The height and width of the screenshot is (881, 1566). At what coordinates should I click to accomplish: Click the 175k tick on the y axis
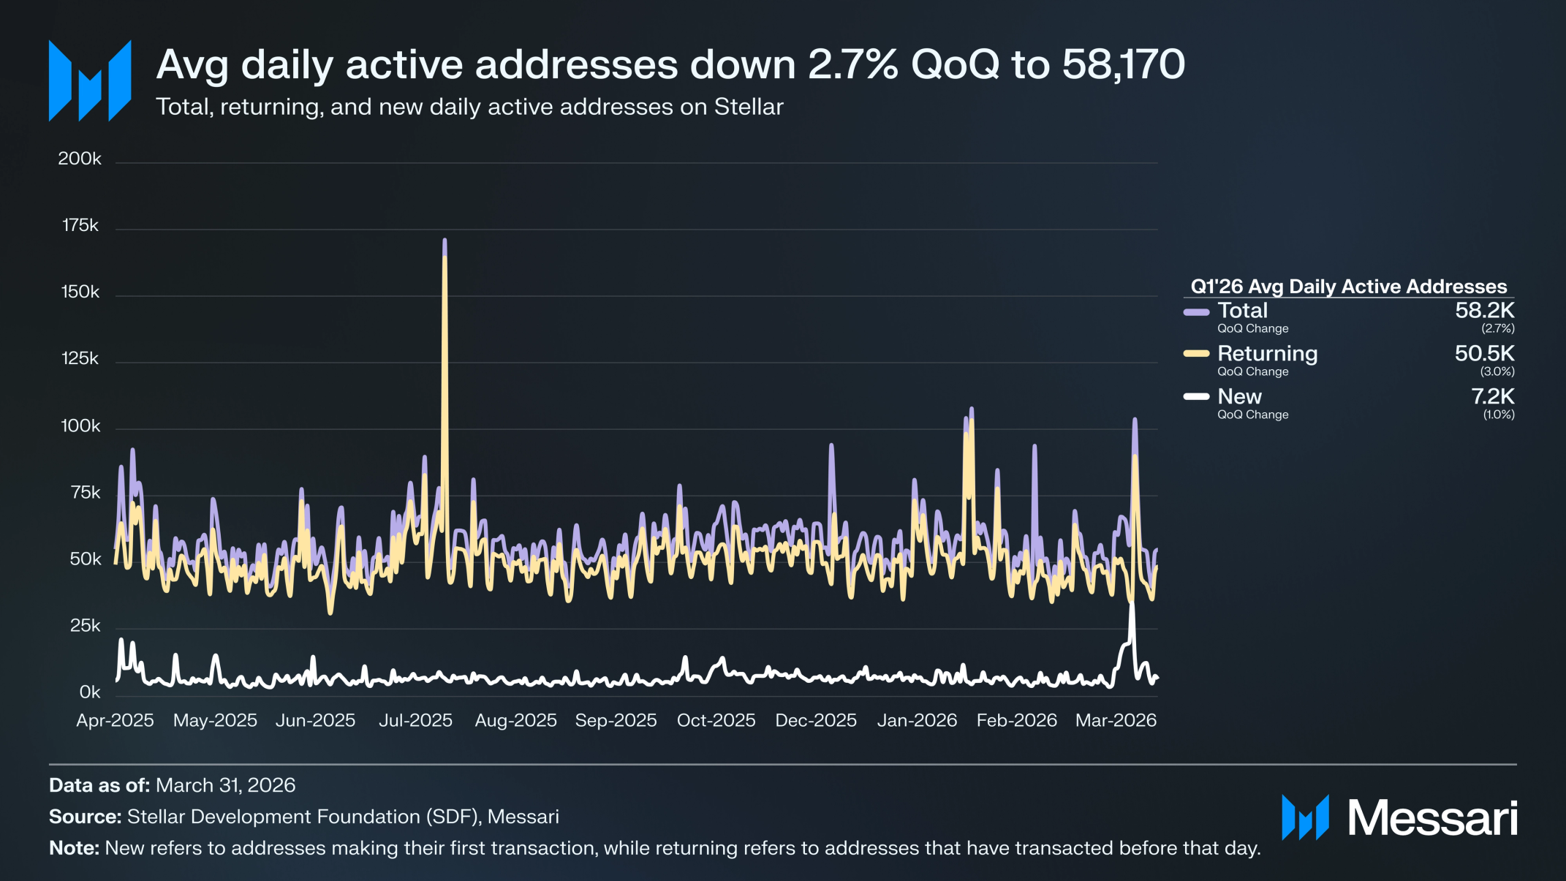[x=80, y=225]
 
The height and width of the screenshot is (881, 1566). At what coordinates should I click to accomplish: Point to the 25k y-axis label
[x=85, y=626]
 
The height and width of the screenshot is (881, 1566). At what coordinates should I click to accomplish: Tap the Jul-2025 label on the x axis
[x=415, y=720]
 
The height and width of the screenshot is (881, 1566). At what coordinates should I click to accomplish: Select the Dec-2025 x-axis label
[x=816, y=720]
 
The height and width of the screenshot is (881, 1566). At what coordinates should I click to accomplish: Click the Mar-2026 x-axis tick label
[x=1116, y=720]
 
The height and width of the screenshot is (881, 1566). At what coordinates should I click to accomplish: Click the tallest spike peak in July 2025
[x=445, y=240]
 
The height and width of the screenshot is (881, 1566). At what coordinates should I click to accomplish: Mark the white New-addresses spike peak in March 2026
[x=1132, y=602]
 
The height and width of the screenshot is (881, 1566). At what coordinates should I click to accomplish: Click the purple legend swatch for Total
[x=1196, y=312]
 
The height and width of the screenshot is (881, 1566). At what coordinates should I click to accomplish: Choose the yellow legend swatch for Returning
[x=1196, y=354]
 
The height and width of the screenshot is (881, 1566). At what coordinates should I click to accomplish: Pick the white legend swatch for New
[x=1196, y=397]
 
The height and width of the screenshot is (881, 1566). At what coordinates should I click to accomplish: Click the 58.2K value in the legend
[x=1484, y=311]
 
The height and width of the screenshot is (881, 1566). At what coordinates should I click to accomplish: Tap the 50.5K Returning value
[x=1484, y=354]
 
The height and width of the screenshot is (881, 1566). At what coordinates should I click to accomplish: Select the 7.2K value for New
[x=1492, y=396]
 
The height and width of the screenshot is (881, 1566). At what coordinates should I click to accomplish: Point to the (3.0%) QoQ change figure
[x=1497, y=371]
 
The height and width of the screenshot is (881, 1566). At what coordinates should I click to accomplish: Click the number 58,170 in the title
[x=1124, y=64]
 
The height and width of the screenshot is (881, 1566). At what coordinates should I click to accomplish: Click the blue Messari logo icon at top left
[x=90, y=80]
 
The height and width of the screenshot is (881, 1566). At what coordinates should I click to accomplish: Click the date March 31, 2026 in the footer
[x=225, y=785]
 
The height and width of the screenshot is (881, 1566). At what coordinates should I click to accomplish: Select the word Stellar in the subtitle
[x=749, y=107]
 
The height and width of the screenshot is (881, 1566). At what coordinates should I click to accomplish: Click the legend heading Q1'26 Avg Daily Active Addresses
[x=1349, y=287]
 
